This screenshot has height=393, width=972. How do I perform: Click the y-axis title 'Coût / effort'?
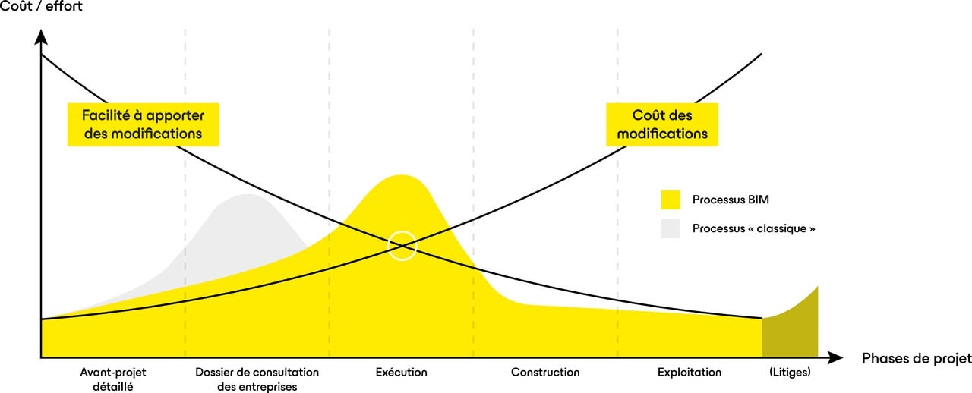coord(42,7)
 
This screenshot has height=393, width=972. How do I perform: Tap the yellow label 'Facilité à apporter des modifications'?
coord(143,124)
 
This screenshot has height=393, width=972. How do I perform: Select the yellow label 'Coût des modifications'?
coord(661,124)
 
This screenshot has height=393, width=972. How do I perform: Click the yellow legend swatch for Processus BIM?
coord(671,200)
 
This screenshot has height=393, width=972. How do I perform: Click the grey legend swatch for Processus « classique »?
coord(671,228)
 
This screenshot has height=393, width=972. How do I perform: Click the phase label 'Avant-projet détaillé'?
coord(112,379)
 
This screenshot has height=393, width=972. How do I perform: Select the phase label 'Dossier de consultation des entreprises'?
coord(257,379)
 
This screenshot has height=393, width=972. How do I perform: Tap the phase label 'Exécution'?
coord(401,373)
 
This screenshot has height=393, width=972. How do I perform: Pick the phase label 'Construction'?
coord(545,373)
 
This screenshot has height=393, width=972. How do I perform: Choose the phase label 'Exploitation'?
coord(690,373)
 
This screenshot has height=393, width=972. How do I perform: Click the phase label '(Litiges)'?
coord(790,373)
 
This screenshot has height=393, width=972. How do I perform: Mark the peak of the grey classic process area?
coord(248,196)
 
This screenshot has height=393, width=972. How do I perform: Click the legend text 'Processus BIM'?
coord(725,200)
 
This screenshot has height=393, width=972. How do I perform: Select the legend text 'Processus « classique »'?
coord(753,228)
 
